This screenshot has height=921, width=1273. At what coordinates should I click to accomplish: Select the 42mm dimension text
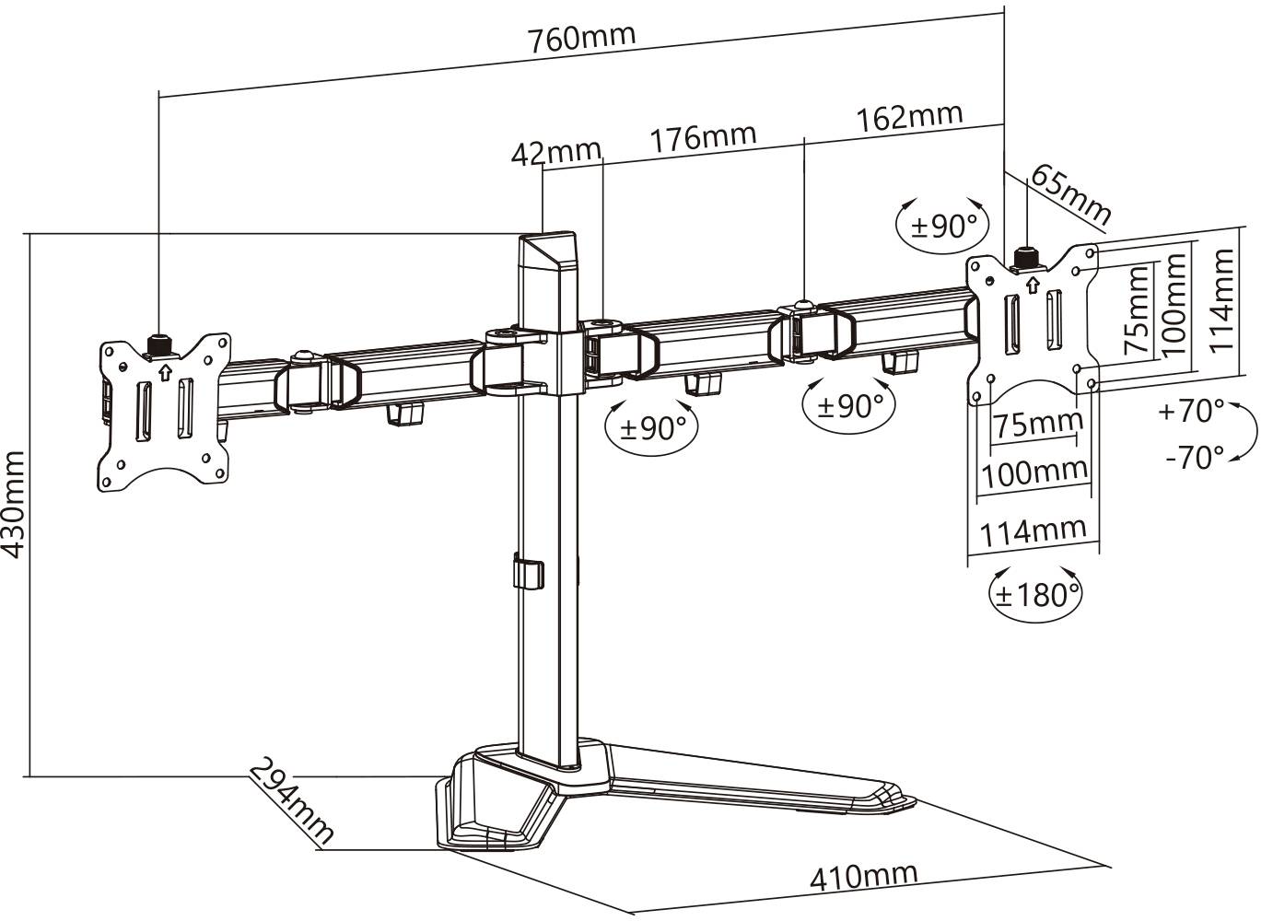tap(555, 152)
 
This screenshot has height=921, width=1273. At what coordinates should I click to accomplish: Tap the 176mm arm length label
tap(703, 138)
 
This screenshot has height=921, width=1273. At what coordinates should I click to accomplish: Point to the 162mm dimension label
tap(909, 117)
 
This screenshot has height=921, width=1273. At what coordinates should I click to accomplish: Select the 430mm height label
tap(13, 505)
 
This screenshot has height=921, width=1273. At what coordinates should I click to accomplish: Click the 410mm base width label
tap(863, 876)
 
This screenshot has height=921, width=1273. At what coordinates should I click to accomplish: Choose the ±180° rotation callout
tap(1034, 594)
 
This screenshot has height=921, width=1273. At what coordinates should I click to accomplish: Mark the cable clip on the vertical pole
tap(526, 571)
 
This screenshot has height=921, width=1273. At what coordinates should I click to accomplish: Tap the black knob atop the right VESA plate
tap(1024, 256)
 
